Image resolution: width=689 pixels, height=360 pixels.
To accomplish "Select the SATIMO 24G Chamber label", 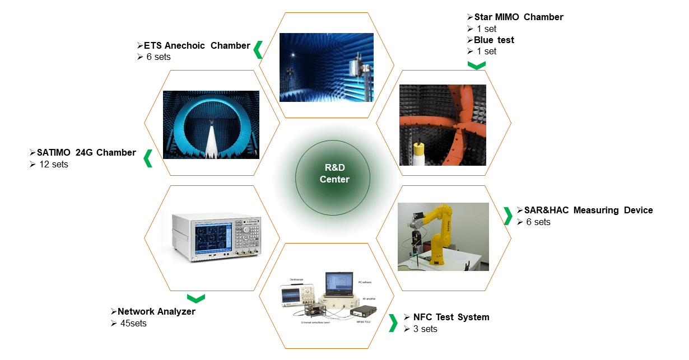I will (x=86, y=152).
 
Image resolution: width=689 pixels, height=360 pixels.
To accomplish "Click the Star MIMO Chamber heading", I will (x=519, y=17).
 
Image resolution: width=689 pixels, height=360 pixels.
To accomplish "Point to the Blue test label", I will (x=494, y=40).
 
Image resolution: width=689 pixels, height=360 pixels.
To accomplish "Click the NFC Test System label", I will (x=451, y=317).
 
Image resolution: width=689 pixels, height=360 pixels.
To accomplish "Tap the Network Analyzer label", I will (x=156, y=311).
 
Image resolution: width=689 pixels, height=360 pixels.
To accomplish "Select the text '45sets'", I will (x=133, y=323).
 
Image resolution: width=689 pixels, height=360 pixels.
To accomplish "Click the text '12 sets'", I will (x=53, y=164).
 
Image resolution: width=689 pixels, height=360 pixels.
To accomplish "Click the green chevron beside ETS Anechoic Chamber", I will (x=258, y=49).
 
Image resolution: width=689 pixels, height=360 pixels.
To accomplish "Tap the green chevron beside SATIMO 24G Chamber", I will (x=148, y=158).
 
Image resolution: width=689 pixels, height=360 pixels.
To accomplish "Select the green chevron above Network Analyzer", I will (x=195, y=298).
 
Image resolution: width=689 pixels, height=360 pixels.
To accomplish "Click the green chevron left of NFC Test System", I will (x=393, y=322).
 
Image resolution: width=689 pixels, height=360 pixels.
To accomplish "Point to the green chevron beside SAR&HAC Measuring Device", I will (x=508, y=216).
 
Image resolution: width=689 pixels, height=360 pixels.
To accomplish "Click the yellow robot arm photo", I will (x=443, y=236).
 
